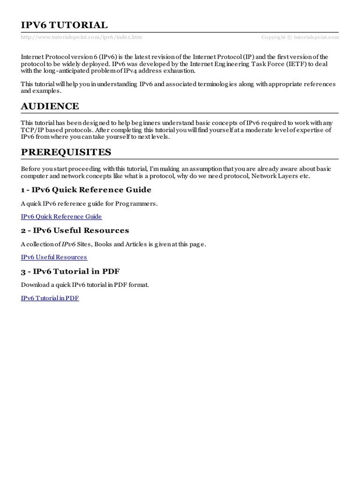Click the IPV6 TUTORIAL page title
point(64,25)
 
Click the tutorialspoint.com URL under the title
point(81,37)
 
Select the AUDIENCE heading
point(50,106)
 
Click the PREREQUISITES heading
point(66,152)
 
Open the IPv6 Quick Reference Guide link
point(61,217)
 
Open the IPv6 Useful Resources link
point(54,257)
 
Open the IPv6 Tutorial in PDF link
point(50,298)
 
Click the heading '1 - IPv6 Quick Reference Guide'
point(86,190)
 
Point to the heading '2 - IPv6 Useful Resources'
point(75,231)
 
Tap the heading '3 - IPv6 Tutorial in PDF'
point(73,271)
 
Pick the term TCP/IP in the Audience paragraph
point(31,130)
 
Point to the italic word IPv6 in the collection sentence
point(69,245)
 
